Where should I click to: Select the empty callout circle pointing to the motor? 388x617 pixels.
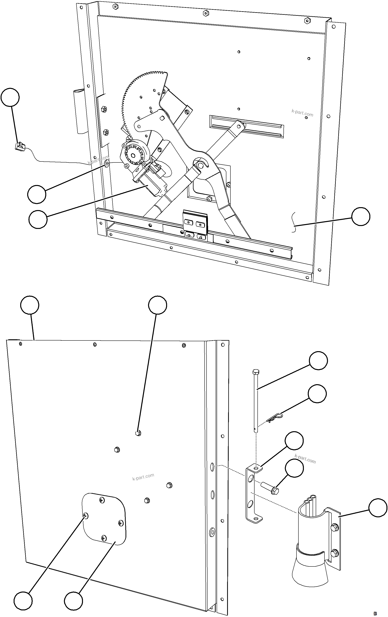tap(38, 219)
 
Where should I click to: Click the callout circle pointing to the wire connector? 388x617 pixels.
tap(10, 97)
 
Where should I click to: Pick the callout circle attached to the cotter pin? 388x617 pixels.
tap(317, 394)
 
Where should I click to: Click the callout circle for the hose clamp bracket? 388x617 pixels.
tap(378, 508)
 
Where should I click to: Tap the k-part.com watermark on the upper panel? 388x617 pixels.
tap(302, 113)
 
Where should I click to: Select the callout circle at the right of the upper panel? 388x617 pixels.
tap(361, 216)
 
